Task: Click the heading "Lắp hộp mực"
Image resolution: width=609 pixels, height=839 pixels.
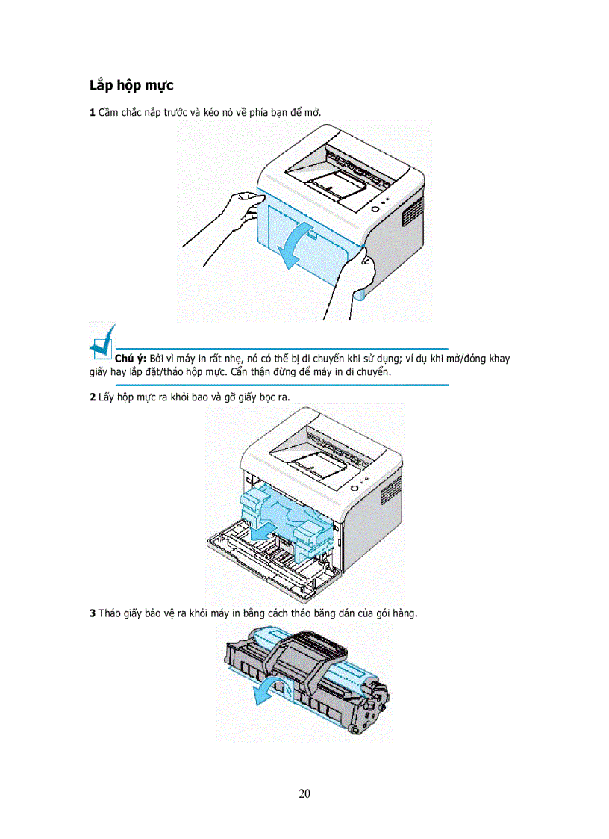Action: point(131,85)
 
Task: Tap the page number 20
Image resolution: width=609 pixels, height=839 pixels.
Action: point(304,793)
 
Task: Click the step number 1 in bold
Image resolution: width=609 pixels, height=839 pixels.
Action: point(92,112)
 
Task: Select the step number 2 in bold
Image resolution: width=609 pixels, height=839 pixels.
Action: point(92,397)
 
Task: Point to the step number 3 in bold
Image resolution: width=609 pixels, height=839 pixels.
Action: point(92,613)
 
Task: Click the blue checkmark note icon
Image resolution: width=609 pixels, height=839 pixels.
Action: point(102,343)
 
